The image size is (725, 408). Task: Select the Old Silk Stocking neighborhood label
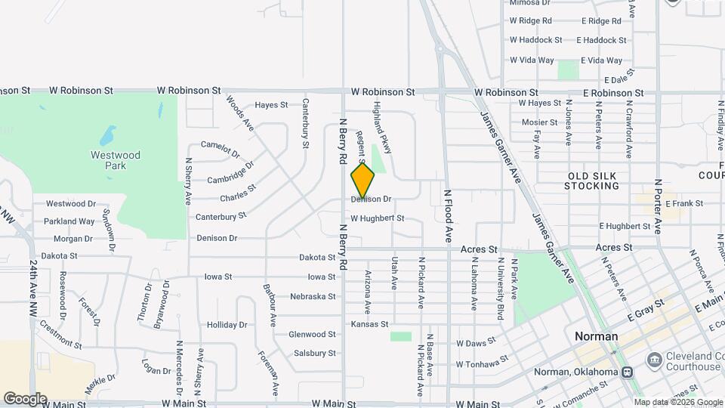pyautogui.click(x=593, y=181)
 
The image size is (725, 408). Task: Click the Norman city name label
pyautogui.click(x=596, y=336)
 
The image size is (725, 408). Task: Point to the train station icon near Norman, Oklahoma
pyautogui.click(x=627, y=372)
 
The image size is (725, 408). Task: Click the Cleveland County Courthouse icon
pyautogui.click(x=654, y=357)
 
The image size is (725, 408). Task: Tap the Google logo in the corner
pyautogui.click(x=25, y=398)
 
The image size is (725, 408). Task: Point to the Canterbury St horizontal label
pyautogui.click(x=221, y=216)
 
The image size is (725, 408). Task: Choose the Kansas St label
pyautogui.click(x=369, y=324)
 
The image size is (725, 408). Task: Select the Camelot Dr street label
pyautogui.click(x=220, y=144)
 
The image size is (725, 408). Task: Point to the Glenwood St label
pyautogui.click(x=312, y=334)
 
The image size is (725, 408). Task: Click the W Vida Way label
pyautogui.click(x=532, y=60)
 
